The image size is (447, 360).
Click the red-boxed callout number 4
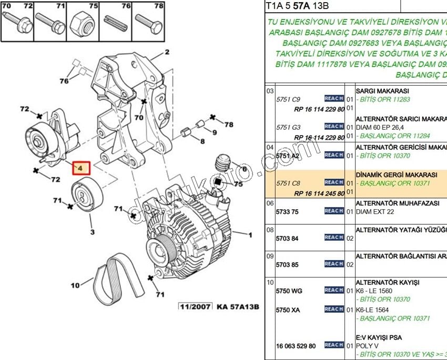coord(81,168)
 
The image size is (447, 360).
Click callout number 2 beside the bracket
coord(167,52)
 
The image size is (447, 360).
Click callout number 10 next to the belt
coord(75,285)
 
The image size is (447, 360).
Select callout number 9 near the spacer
coord(214,132)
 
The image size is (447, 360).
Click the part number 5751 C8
coord(289,183)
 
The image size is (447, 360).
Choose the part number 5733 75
coord(287,211)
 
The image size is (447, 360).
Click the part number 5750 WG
coord(289,291)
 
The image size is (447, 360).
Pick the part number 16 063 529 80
coord(296,345)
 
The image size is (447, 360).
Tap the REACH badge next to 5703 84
coord(334,238)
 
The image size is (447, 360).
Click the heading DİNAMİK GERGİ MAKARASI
coord(397,174)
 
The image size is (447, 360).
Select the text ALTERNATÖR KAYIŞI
coord(388,282)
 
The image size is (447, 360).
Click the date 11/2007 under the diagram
coord(196,306)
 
